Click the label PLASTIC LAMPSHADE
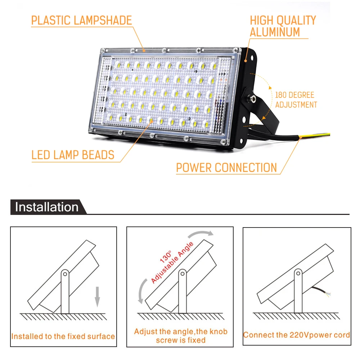81,20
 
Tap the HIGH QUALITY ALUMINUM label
283,26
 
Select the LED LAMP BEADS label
73,155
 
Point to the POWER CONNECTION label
226,167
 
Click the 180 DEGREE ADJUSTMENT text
296,100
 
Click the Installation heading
47,207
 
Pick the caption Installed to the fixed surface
63,337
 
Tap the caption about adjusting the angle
181,336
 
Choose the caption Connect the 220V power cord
296,335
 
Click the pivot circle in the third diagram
298,273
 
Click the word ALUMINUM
275,32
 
